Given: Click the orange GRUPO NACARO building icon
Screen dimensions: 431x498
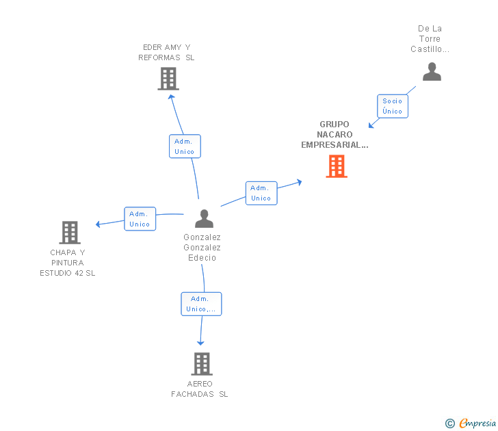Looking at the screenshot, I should tap(337, 166).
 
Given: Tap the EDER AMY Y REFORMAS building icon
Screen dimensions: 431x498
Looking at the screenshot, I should tap(168, 79).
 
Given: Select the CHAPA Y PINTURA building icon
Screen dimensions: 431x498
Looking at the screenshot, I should tap(70, 233).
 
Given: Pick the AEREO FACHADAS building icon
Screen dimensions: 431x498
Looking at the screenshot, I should tap(202, 364).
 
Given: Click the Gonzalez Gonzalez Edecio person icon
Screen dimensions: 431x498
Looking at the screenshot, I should tap(204, 219).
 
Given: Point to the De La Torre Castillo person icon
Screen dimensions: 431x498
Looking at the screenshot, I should tap(432, 72).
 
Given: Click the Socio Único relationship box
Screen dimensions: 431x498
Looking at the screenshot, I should tap(393, 106).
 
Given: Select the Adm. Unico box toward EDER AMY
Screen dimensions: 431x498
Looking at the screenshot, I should tap(185, 146).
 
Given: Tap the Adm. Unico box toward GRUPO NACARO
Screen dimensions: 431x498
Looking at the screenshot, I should tap(261, 193).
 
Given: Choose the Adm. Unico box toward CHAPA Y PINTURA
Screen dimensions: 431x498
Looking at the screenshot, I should tap(140, 219).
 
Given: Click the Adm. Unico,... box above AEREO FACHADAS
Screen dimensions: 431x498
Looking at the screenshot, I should tap(201, 304).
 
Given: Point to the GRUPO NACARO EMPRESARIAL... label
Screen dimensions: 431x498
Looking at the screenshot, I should tap(335, 135).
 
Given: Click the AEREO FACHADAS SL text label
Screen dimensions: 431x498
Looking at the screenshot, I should tap(200, 389).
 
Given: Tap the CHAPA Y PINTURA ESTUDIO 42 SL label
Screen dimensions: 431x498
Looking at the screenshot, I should tap(68, 263).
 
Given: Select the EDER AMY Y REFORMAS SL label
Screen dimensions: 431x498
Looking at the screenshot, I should tap(166, 52).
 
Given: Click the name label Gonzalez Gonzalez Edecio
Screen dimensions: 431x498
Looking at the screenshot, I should tap(202, 248).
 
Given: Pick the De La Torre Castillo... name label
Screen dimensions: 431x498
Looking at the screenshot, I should tap(430, 39).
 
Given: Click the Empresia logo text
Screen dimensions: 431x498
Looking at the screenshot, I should tap(477, 423).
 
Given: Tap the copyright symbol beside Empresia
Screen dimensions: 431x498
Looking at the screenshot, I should tap(450, 423).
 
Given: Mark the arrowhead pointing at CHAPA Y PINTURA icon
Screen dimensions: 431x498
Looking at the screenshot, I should tap(99, 224).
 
